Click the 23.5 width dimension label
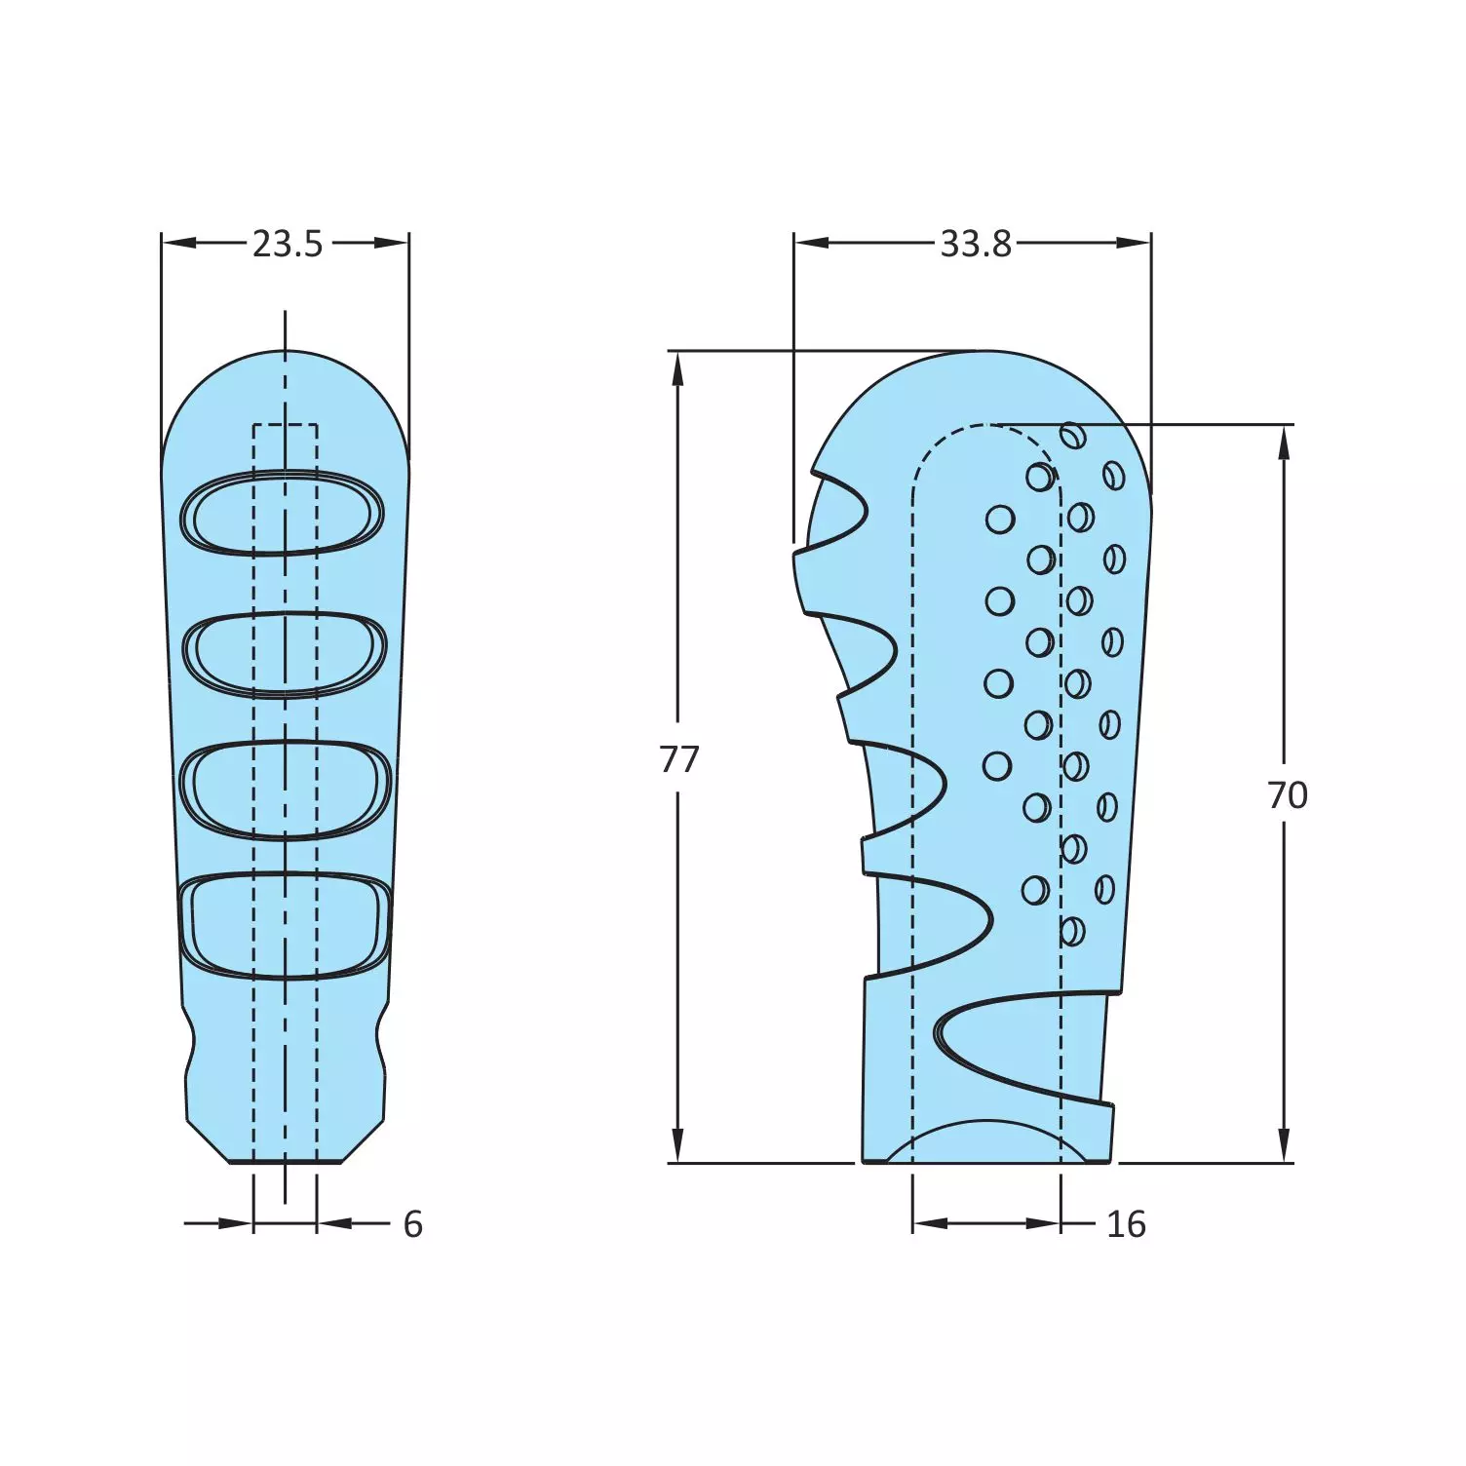tap(287, 244)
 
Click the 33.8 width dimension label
tap(975, 244)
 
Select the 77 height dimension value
tap(679, 758)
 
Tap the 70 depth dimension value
tap(1287, 795)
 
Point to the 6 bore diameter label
tap(413, 1224)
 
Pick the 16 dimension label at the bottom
tap(1126, 1224)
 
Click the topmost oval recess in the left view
tap(283, 513)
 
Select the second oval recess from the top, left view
tap(285, 653)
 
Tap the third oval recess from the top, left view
tap(286, 789)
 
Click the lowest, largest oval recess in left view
tap(285, 924)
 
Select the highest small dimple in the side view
tap(1072, 436)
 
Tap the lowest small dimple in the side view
tap(1071, 931)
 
